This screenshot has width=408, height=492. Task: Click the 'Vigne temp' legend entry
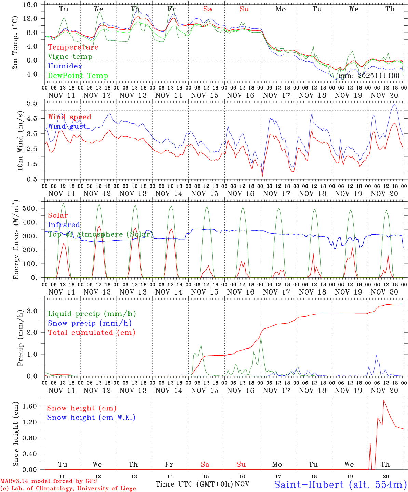pos(70,57)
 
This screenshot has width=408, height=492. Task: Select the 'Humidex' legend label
pos(65,66)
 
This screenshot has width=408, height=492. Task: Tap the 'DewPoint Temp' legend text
pos(78,76)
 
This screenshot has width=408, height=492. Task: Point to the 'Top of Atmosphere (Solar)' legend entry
pos(100,234)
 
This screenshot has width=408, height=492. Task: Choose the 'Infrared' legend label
pos(64,225)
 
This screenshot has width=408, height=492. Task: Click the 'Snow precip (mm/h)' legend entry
pos(90,323)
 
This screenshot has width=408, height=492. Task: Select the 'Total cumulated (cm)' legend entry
pos(92,333)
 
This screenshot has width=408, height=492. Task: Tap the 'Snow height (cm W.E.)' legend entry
pos(91,418)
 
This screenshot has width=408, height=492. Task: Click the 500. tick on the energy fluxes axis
pos(33,208)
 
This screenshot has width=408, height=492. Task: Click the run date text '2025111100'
pos(379,76)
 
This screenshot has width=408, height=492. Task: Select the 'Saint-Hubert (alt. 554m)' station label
pos(340,484)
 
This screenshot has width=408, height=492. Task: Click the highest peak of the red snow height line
pos(384,400)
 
